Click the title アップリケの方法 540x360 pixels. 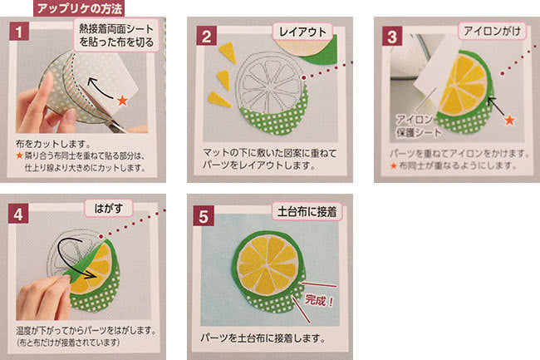[79, 8]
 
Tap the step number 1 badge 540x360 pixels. [19, 32]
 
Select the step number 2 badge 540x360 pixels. [206, 37]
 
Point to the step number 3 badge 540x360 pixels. [392, 37]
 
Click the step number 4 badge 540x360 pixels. [18, 214]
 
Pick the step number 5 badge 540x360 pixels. [204, 216]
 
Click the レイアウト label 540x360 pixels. [302, 32]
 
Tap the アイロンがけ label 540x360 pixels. [492, 32]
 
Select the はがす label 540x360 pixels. [109, 208]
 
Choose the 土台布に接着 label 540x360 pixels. [307, 211]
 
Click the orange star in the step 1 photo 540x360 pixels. [122, 101]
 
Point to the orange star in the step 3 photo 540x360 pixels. [509, 120]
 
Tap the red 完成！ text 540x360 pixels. [319, 300]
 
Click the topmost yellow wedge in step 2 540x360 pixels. [228, 52]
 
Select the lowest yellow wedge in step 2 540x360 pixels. [219, 100]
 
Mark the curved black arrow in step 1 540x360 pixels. [100, 87]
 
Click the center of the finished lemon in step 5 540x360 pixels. [268, 266]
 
